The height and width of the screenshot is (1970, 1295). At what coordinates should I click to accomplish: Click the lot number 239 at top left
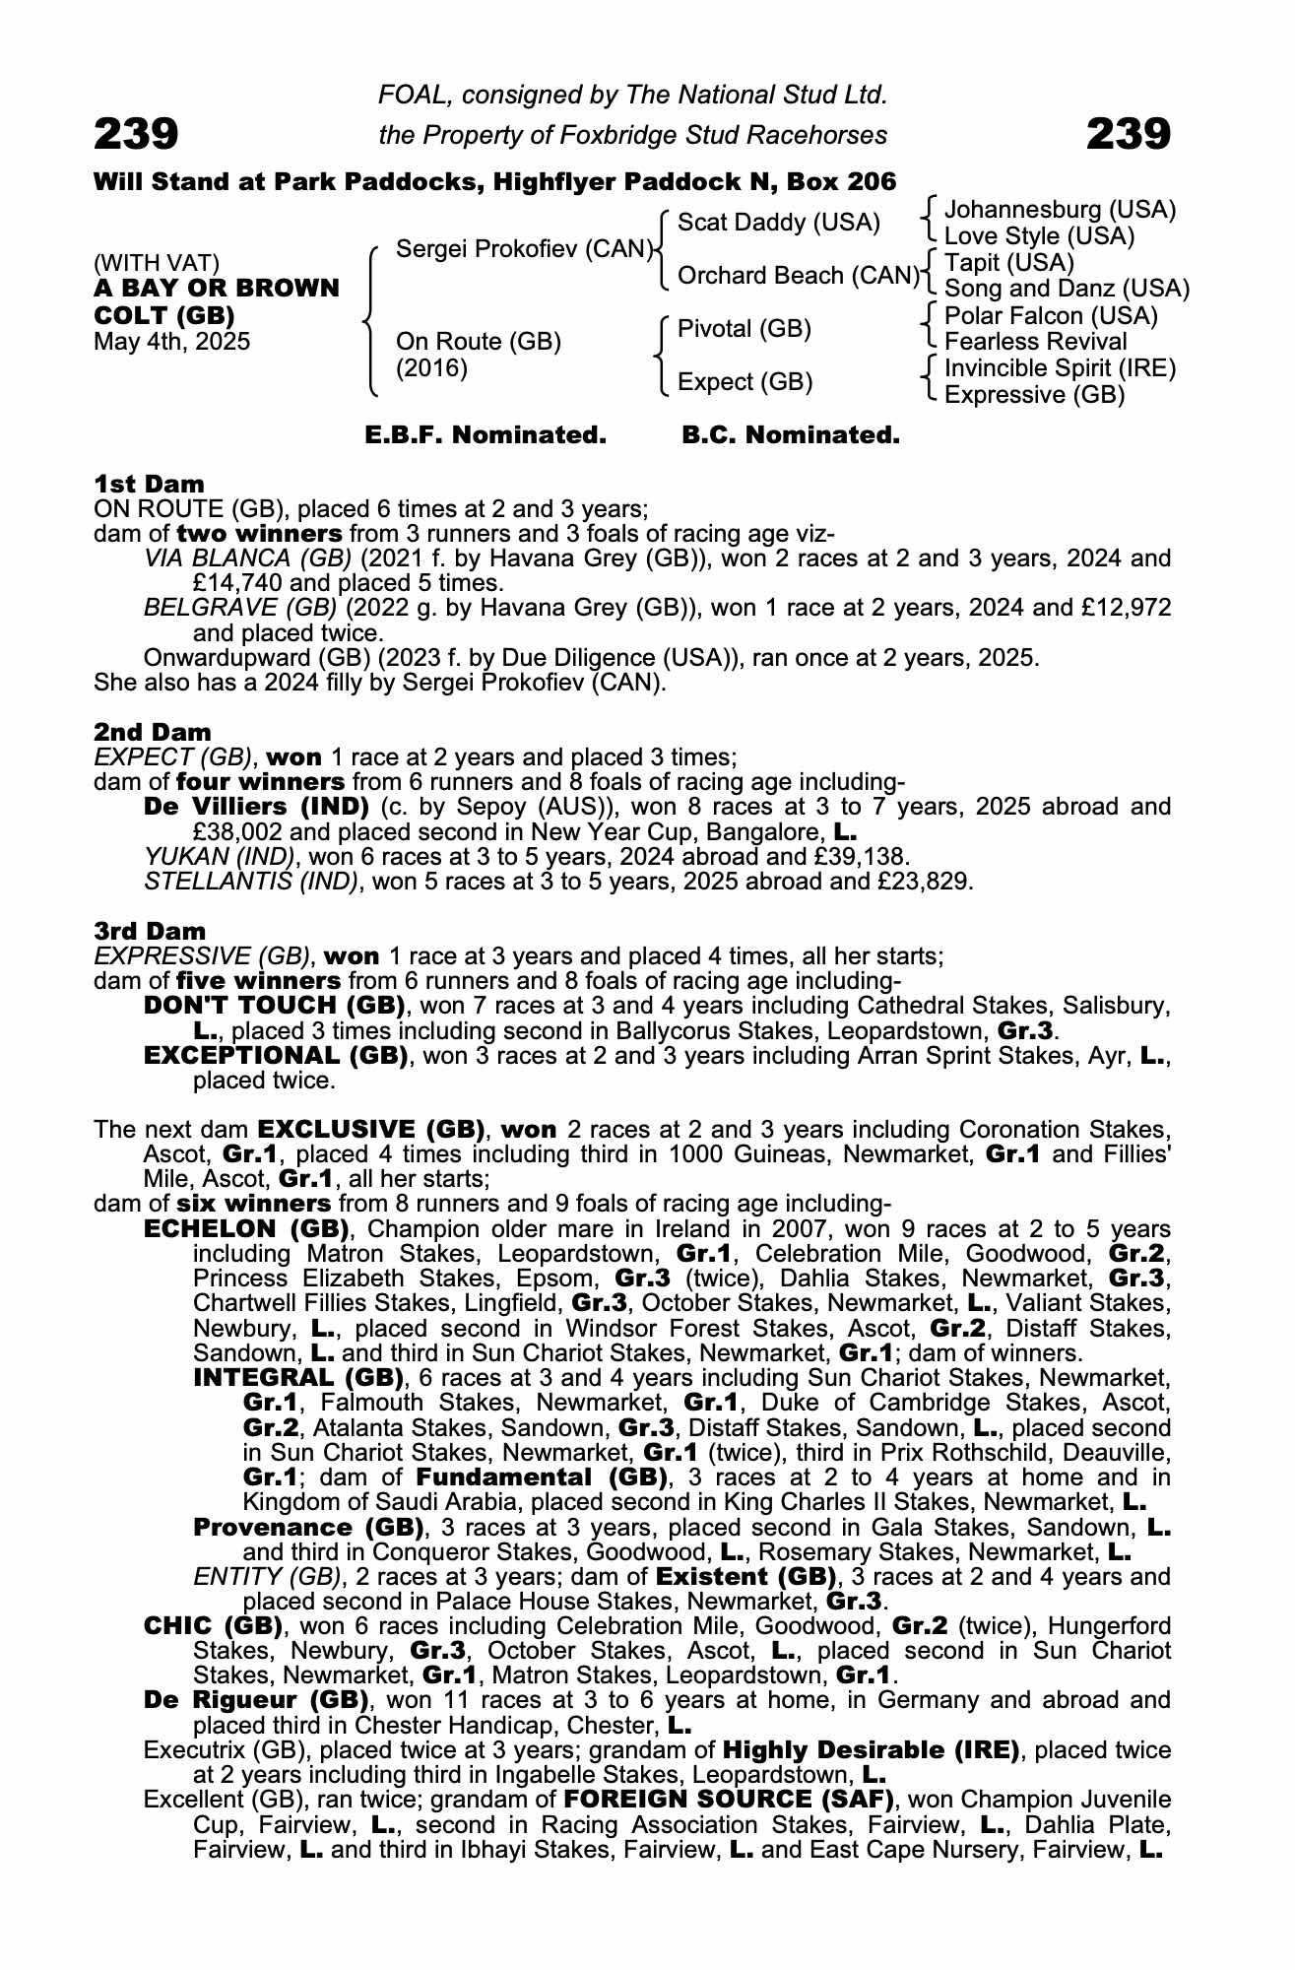point(136,134)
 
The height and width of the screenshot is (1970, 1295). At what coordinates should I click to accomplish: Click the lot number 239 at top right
point(1128,134)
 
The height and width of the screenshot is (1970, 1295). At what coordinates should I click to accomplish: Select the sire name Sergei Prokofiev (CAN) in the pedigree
point(525,249)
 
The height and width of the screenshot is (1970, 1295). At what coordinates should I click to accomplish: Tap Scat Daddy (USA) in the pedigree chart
point(779,223)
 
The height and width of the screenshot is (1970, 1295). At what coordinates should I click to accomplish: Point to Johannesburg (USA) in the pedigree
point(1060,210)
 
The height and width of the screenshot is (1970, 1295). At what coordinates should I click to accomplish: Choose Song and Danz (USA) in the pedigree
point(1067,289)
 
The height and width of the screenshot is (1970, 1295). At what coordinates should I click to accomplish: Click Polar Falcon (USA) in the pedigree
point(1051,316)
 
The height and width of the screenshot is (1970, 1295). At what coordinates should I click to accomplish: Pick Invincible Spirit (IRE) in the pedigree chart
point(1060,368)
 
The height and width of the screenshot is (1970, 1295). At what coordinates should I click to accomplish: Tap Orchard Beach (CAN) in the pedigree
point(798,276)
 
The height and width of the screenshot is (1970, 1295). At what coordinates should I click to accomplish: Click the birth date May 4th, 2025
point(171,342)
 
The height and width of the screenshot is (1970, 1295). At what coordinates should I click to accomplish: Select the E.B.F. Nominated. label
point(485,435)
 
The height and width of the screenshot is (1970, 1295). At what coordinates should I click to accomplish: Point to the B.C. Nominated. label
point(791,435)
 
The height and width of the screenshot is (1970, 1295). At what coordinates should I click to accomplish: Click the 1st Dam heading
point(149,484)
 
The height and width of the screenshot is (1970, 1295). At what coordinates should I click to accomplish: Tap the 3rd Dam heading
point(150,931)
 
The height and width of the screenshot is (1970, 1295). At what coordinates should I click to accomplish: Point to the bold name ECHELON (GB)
point(247,1229)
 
